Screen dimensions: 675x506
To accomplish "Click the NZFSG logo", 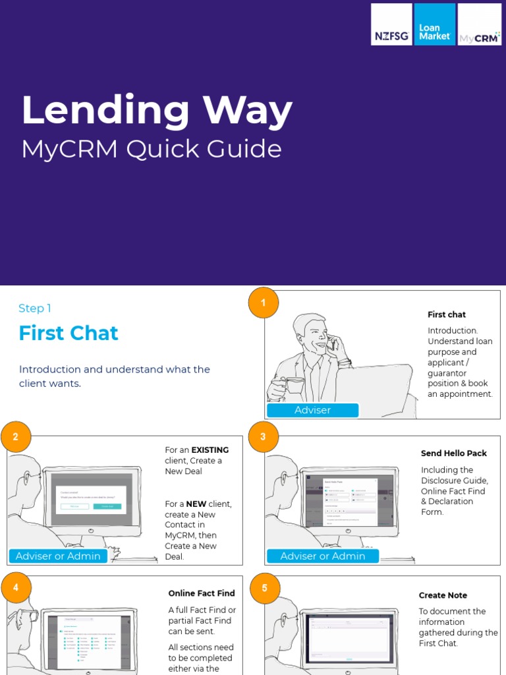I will pyautogui.click(x=391, y=24).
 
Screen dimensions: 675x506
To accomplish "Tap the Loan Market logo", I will pyautogui.click(x=435, y=24).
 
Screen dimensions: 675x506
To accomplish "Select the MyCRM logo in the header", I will pyautogui.click(x=479, y=24).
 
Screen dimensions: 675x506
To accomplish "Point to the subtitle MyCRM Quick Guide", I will pyautogui.click(x=152, y=149).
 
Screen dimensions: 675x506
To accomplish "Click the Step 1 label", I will pyautogui.click(x=35, y=308).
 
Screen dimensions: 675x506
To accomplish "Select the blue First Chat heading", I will pyautogui.click(x=69, y=333).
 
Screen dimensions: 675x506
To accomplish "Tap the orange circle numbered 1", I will pyautogui.click(x=264, y=303).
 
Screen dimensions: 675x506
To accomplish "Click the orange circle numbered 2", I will pyautogui.click(x=16, y=437).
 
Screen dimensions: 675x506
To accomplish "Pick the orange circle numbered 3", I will pyautogui.click(x=264, y=437).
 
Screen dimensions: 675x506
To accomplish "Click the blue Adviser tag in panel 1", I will pyautogui.click(x=312, y=410).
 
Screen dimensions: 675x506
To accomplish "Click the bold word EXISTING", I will pyautogui.click(x=210, y=450).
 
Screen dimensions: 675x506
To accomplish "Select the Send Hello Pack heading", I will pyautogui.click(x=454, y=454).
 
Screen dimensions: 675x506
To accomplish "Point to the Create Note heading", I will pyautogui.click(x=443, y=595).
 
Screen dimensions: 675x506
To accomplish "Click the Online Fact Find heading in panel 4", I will pyautogui.click(x=202, y=593).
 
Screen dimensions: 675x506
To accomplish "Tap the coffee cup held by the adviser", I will pyautogui.click(x=293, y=385).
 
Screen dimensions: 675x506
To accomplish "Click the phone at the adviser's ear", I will pyautogui.click(x=333, y=343).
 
